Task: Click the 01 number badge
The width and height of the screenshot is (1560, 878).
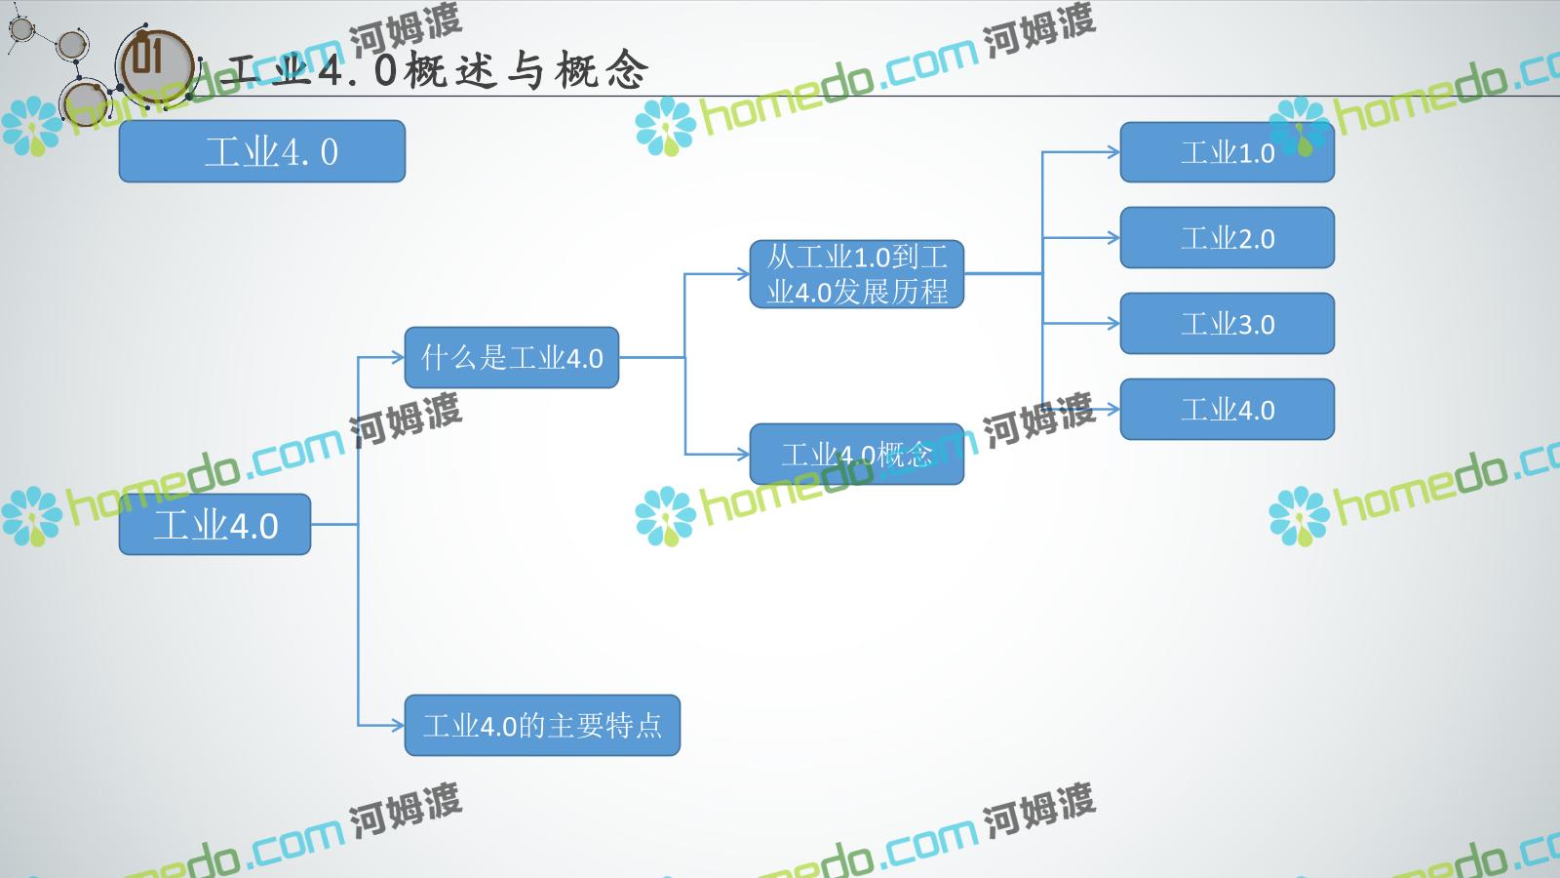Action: (x=155, y=64)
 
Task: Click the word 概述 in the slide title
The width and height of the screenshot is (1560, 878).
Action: (x=451, y=70)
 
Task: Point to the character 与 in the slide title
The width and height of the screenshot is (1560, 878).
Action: (x=526, y=70)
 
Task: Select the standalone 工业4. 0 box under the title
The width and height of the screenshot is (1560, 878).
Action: (x=262, y=151)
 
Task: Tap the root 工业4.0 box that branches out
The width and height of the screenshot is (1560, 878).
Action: (x=215, y=525)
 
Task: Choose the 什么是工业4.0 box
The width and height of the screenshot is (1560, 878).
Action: (x=512, y=357)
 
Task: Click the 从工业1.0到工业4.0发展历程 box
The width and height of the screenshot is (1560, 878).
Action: (x=857, y=274)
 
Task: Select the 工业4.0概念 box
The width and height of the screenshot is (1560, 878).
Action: (x=857, y=455)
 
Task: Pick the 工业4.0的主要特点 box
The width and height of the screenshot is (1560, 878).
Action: (x=542, y=726)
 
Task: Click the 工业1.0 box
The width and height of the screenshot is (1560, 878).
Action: (x=1228, y=152)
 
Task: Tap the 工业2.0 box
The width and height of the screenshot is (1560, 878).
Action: (x=1228, y=238)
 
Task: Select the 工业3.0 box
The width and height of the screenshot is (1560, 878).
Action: (x=1228, y=323)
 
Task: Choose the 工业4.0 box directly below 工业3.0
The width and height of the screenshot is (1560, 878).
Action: (x=1228, y=409)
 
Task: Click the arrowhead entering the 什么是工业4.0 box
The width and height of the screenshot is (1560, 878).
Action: (x=399, y=357)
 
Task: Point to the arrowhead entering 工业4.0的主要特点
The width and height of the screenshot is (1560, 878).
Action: (x=399, y=726)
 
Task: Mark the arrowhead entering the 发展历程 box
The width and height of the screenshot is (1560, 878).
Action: (x=743, y=274)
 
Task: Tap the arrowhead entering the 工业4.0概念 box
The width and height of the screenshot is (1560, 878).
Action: (x=743, y=455)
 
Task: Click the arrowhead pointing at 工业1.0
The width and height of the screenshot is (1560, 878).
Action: (x=1113, y=152)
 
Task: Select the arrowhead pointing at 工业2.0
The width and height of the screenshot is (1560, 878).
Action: (x=1113, y=238)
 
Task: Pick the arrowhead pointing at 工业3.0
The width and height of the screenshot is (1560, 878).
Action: (x=1113, y=323)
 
